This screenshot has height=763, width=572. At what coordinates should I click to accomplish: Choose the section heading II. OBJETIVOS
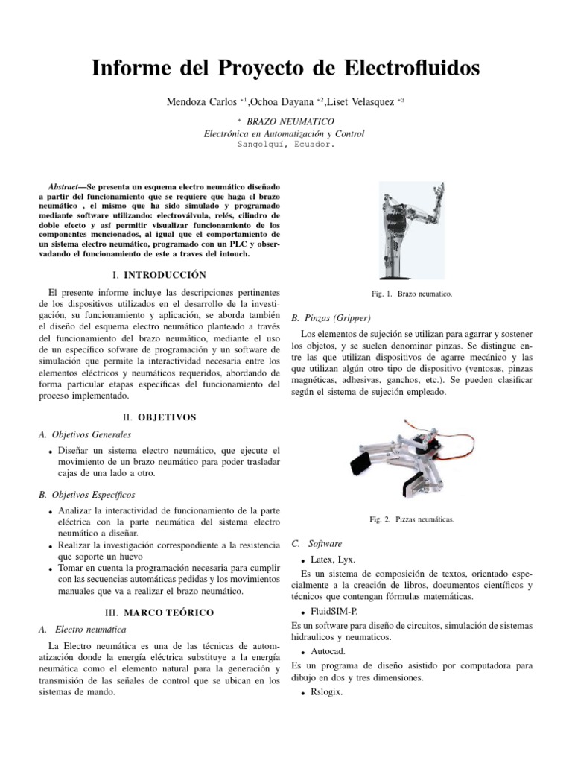[x=159, y=417]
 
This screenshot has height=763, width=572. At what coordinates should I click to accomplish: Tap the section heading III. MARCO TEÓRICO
[x=159, y=612]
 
